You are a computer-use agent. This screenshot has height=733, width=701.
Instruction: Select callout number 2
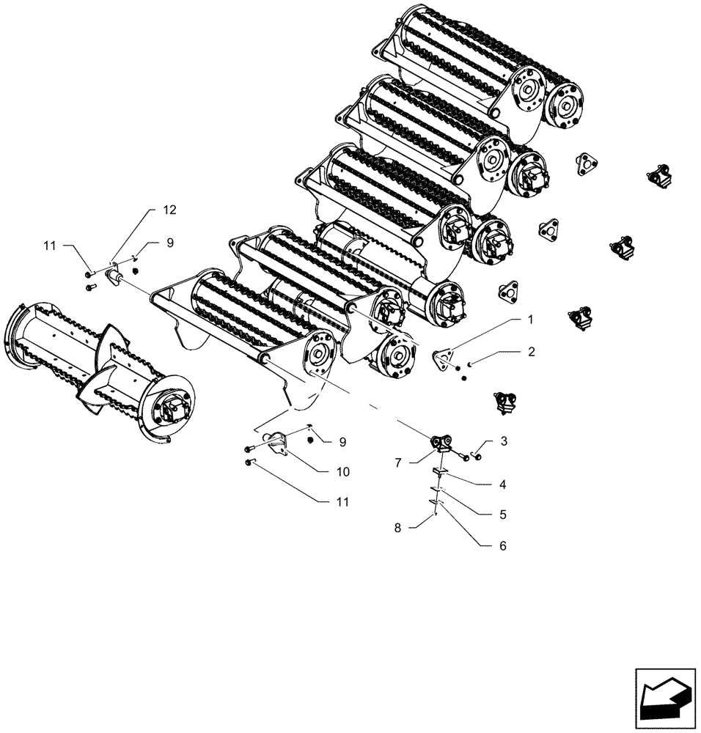click(530, 353)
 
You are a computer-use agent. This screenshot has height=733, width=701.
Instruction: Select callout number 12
click(169, 210)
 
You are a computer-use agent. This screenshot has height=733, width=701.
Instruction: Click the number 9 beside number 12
click(169, 242)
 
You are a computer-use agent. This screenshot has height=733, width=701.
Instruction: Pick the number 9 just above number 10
click(342, 442)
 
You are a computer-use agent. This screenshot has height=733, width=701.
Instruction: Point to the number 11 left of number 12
click(49, 247)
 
